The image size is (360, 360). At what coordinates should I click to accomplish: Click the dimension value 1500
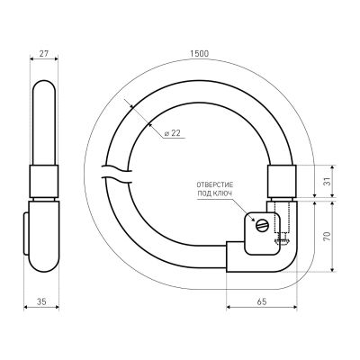[200, 54]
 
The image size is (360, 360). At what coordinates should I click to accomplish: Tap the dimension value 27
[44, 54]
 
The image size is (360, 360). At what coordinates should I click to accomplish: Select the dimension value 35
[41, 301]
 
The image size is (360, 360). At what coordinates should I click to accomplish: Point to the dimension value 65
[262, 301]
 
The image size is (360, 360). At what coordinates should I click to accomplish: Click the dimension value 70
[328, 237]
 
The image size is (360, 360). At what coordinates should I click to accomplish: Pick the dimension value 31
[328, 181]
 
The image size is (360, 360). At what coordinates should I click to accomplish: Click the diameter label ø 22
[173, 133]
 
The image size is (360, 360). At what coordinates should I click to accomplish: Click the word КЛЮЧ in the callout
[224, 193]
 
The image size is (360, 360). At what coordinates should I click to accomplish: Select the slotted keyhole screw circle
[263, 226]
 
